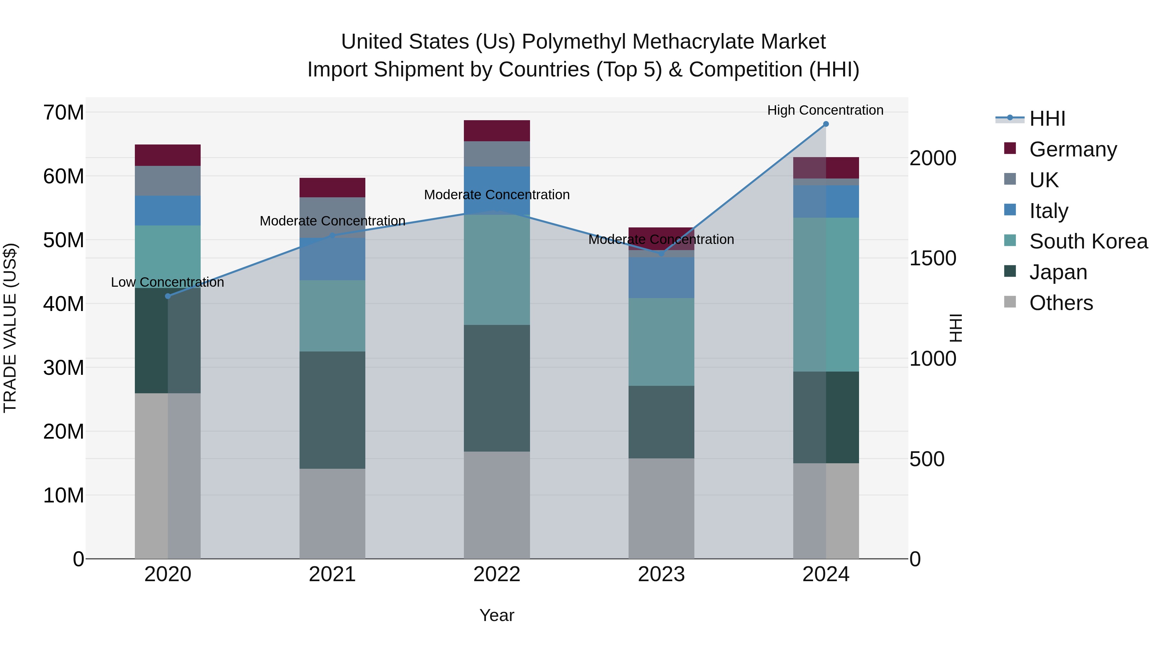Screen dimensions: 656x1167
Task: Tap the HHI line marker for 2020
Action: [168, 296]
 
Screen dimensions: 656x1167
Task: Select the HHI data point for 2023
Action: [661, 254]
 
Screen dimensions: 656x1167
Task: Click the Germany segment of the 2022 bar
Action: [497, 131]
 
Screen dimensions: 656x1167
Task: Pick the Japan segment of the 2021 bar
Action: [332, 410]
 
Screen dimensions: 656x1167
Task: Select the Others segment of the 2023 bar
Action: [661, 508]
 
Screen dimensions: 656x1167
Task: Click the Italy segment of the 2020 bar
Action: [168, 211]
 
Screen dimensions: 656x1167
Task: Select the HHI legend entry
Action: [1046, 119]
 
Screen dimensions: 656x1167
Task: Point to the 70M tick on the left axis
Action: [64, 112]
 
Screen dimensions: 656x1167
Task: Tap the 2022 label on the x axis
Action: [497, 574]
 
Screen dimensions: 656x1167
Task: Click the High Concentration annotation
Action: [825, 110]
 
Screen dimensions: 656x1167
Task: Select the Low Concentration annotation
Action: [167, 282]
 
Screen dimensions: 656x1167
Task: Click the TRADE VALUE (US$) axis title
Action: [10, 328]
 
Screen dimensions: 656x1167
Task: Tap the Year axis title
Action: [497, 615]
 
